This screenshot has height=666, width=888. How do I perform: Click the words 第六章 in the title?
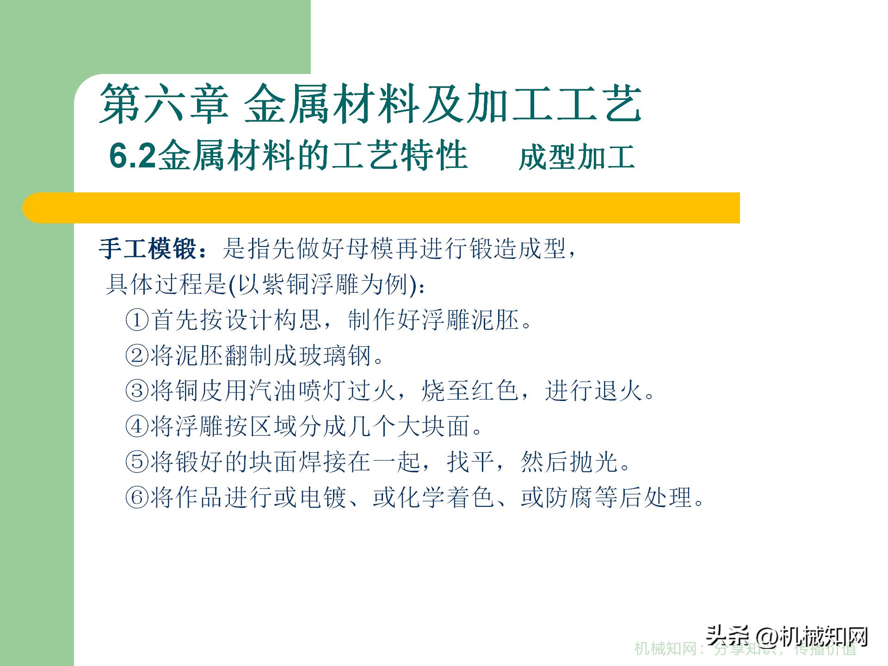164,104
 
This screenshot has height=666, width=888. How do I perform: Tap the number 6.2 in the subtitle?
132,156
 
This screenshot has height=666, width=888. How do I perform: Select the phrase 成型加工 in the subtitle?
576,157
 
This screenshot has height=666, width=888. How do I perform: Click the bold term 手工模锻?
148,249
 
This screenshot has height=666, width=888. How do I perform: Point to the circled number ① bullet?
137,320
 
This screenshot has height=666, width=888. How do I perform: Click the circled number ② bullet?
137,356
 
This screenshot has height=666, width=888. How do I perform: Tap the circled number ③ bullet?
137,391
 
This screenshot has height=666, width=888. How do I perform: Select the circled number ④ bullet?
137,426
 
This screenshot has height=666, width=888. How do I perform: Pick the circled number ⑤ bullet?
137,462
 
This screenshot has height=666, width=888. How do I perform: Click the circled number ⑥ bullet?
137,498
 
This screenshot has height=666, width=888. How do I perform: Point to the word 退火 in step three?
618,391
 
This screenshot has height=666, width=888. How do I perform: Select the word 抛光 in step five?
594,462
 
